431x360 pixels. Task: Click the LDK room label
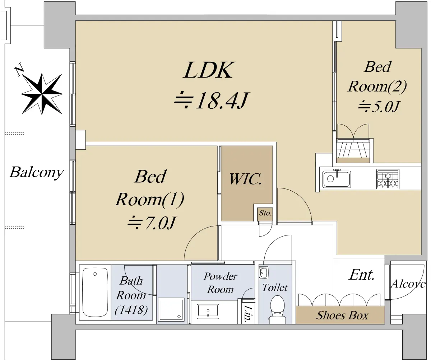click(208, 70)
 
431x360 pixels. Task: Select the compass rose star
click(42, 93)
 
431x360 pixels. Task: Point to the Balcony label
click(36, 172)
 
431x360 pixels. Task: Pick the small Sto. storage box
click(265, 213)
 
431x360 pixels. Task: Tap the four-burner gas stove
click(388, 179)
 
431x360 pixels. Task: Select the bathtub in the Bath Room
click(95, 292)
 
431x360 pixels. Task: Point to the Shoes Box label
click(342, 315)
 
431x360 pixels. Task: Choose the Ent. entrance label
click(362, 275)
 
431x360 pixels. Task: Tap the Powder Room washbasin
click(208, 311)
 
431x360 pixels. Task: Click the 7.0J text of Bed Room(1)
click(151, 224)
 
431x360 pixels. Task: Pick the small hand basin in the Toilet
click(263, 273)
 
